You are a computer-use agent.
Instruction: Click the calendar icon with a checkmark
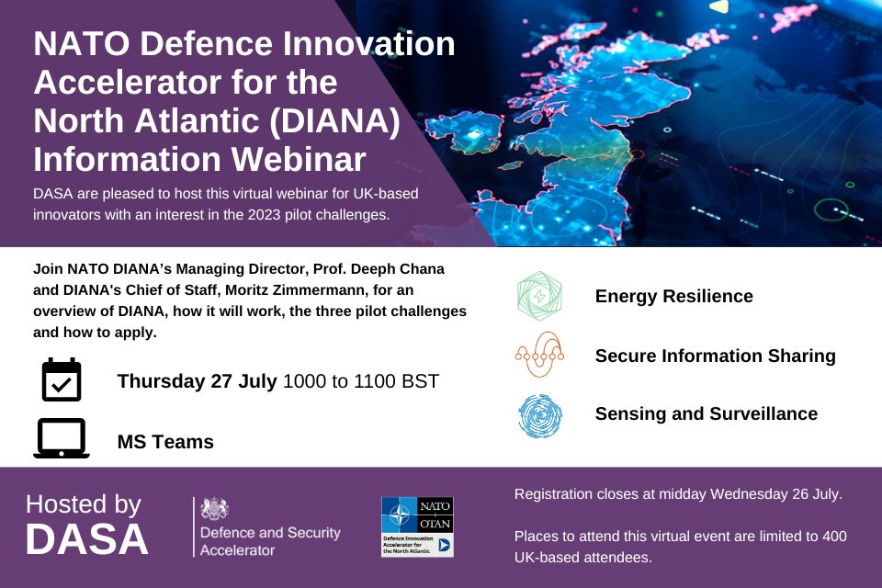pyautogui.click(x=62, y=380)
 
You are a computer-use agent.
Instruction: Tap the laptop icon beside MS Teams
pyautogui.click(x=62, y=439)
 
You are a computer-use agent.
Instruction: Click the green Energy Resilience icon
pyautogui.click(x=540, y=297)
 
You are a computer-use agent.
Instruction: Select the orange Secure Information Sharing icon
pyautogui.click(x=540, y=356)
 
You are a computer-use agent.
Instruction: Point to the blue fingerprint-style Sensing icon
pyautogui.click(x=540, y=414)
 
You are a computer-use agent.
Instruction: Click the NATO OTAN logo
pyautogui.click(x=417, y=526)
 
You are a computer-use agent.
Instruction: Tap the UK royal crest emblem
pyautogui.click(x=215, y=508)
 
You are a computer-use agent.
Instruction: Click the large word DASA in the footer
pyautogui.click(x=86, y=540)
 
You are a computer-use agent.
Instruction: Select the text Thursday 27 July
pyautogui.click(x=197, y=380)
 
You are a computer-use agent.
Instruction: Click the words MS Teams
pyautogui.click(x=165, y=442)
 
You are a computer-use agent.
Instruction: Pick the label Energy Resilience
pyautogui.click(x=673, y=297)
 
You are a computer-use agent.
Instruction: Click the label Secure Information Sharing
pyautogui.click(x=715, y=356)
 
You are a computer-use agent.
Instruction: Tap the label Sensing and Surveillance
pyautogui.click(x=706, y=414)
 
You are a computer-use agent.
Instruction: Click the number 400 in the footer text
pyautogui.click(x=834, y=536)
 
